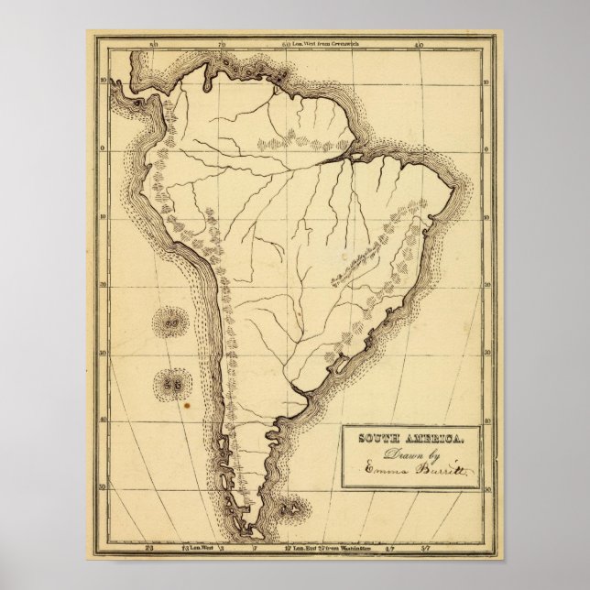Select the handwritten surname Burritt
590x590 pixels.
[439, 470]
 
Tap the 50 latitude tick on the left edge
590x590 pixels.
[105, 486]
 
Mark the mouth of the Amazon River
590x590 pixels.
[353, 157]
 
